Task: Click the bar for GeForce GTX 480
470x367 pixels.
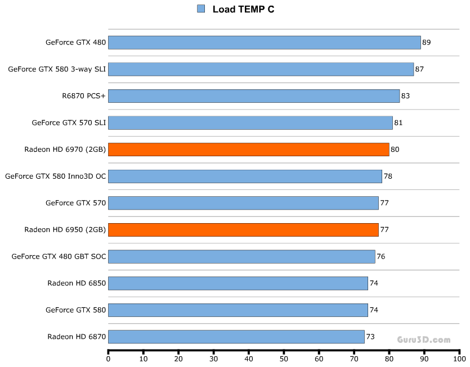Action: coord(265,43)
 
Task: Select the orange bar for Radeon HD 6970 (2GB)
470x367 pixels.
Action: coord(249,149)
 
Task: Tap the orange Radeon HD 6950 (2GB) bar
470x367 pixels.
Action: coord(243,230)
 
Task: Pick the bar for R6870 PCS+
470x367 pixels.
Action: coord(254,96)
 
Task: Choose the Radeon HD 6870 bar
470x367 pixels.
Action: coord(236,337)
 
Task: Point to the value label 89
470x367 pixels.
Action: coord(426,43)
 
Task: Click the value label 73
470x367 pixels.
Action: coord(370,337)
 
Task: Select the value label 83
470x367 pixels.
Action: coord(405,96)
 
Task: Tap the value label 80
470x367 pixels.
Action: coord(395,149)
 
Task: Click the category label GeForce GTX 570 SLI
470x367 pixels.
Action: coord(69,123)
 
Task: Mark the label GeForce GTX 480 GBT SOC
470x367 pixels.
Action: coord(59,257)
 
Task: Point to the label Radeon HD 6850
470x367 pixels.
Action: coord(77,283)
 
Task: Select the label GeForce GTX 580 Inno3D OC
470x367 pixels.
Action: coord(55,176)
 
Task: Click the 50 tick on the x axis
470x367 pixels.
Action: coord(284,358)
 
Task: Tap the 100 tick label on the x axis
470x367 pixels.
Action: coord(459,358)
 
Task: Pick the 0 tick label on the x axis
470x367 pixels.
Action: coord(108,358)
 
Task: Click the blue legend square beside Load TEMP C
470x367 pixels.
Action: coord(201,8)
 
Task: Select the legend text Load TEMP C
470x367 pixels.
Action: coord(243,9)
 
